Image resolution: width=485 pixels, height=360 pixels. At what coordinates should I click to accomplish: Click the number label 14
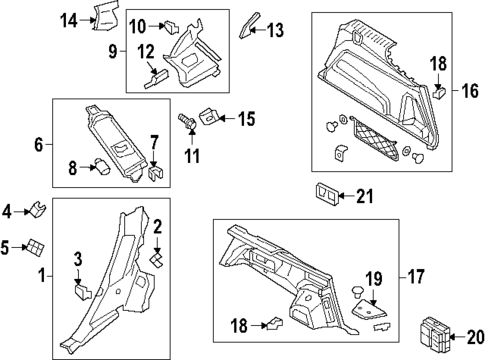[67, 19]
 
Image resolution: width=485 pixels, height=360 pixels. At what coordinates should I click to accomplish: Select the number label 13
[276, 30]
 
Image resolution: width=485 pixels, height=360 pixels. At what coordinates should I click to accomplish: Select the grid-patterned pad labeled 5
[36, 246]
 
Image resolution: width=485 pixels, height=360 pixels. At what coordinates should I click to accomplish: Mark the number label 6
[39, 145]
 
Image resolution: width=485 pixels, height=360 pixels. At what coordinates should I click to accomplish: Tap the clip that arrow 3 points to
[82, 293]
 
